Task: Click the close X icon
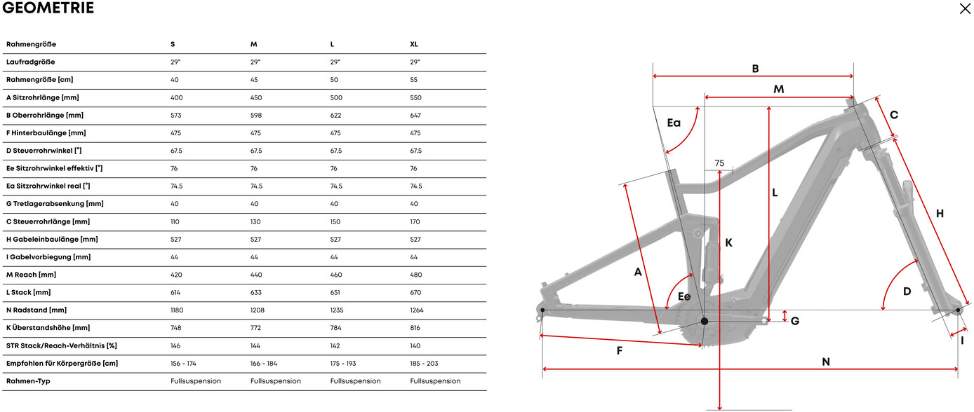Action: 966,8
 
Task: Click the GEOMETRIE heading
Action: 48,8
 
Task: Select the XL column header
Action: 414,44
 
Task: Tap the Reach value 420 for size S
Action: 176,275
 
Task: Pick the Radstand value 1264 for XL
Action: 417,310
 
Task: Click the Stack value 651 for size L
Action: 336,292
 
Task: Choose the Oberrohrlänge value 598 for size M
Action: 256,115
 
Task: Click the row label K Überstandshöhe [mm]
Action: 48,328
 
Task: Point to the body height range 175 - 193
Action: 345,363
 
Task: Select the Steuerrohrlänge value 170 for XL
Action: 415,221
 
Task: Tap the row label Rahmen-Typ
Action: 28,381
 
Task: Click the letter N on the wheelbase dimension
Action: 826,362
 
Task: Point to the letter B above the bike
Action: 755,69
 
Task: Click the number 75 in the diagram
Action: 719,163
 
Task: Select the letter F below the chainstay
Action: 620,350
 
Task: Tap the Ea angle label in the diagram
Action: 674,123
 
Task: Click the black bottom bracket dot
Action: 705,321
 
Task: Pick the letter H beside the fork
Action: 940,213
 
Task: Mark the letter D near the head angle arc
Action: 907,291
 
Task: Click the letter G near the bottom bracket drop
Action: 795,321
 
